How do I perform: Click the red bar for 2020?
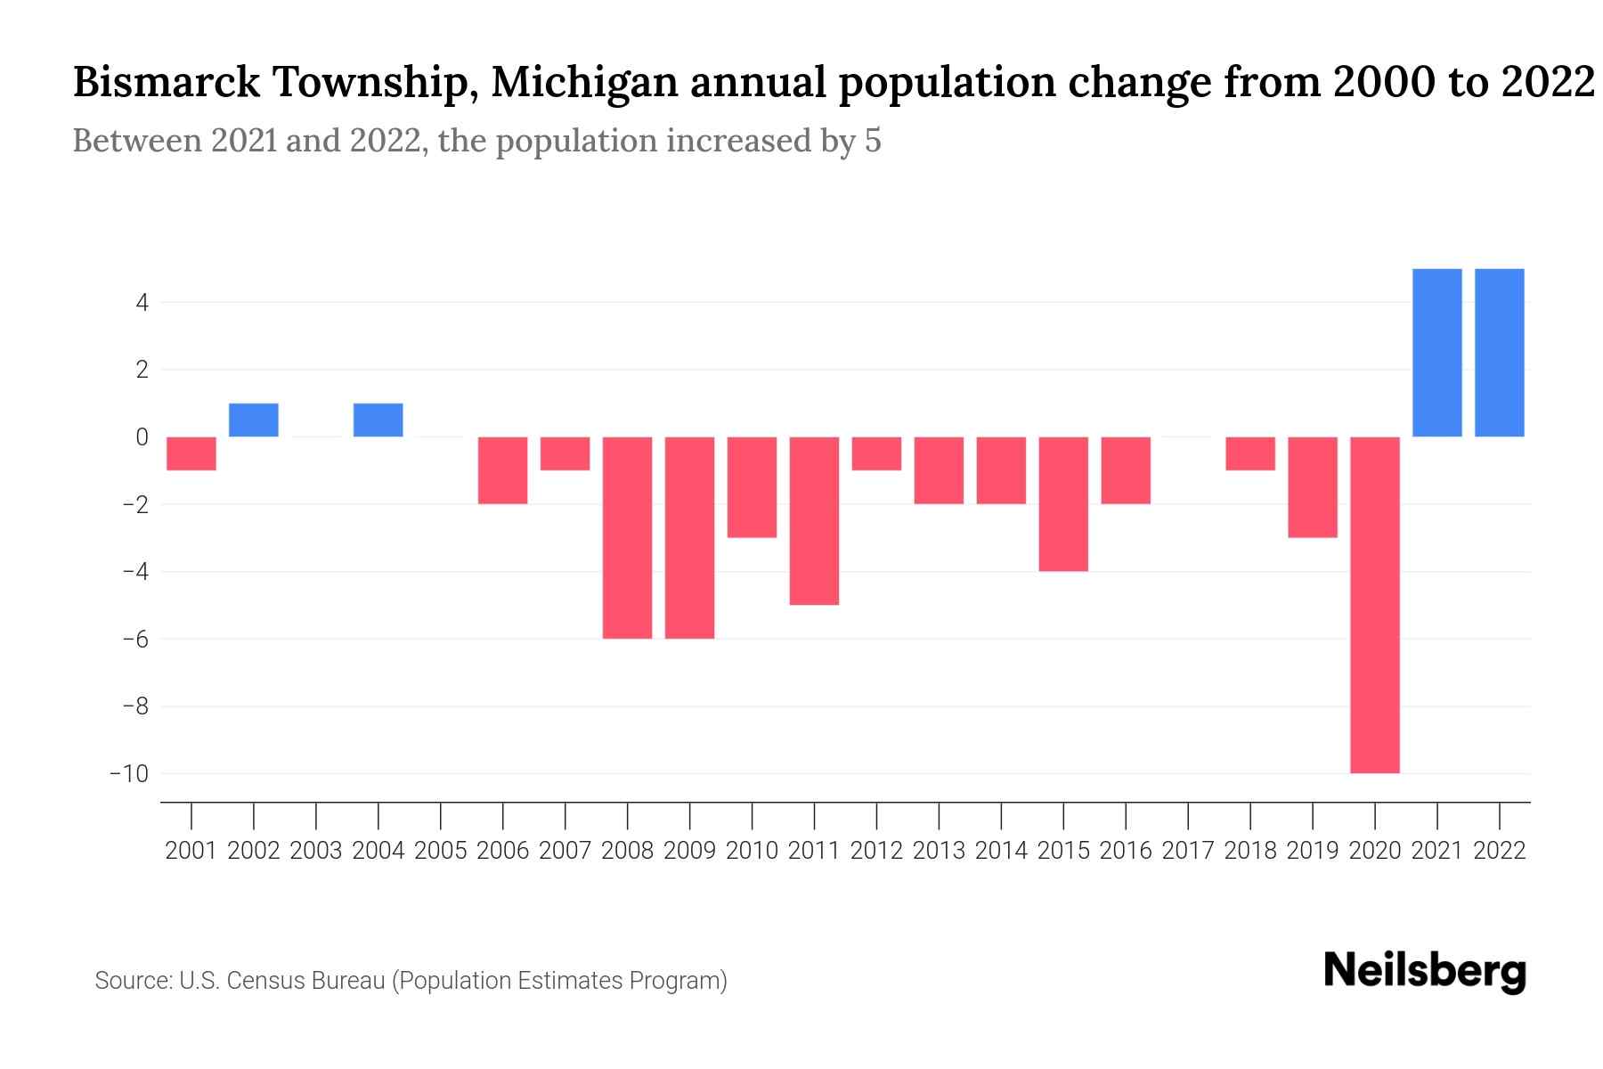(1375, 605)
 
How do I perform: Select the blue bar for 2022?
(1500, 353)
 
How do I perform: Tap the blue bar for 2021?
(1437, 353)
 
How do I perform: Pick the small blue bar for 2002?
(254, 420)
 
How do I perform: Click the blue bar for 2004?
(378, 420)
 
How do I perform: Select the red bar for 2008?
(628, 537)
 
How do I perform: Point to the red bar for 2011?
(814, 520)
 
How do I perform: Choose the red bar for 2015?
(1063, 503)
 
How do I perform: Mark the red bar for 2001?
(191, 453)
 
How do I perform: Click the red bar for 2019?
(1313, 486)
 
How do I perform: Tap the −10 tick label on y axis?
(128, 773)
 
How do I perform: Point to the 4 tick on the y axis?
(142, 303)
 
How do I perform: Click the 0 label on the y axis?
(142, 437)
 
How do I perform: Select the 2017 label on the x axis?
(1188, 851)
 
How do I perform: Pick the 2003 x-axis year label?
(316, 851)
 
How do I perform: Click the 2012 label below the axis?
(876, 851)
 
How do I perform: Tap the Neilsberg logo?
(1425, 971)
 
